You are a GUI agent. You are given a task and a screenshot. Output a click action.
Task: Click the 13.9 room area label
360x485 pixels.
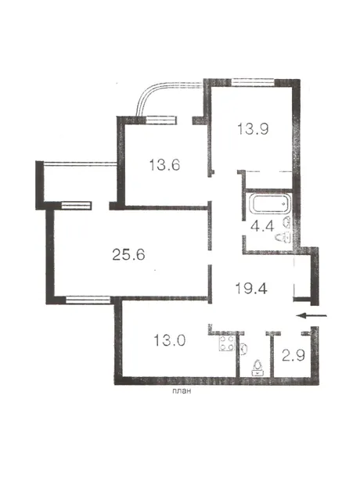pos(253,128)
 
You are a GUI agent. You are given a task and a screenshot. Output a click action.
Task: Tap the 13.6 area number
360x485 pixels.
pos(164,164)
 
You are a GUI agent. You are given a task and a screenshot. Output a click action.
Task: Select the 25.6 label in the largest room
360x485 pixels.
pos(128,255)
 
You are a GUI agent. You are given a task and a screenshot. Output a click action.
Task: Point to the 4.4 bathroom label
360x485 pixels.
pos(262,227)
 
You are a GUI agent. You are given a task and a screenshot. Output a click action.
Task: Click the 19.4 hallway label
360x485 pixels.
pos(251,289)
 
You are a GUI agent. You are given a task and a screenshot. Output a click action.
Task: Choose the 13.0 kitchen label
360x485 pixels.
pos(170,340)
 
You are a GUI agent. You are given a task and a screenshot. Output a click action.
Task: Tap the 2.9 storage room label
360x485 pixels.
pos(293,355)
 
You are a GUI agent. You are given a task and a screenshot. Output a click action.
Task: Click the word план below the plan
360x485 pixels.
pos(182,391)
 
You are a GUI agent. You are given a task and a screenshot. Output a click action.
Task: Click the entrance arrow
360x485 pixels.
pos(311,315)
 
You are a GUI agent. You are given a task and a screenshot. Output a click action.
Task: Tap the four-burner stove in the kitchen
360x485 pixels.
pos(226,343)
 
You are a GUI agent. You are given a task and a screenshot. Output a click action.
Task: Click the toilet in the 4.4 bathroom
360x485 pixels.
pos(283,238)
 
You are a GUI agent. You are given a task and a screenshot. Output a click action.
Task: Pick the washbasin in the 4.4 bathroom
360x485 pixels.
pos(287,222)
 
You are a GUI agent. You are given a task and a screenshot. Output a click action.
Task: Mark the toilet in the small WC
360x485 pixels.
pos(257,368)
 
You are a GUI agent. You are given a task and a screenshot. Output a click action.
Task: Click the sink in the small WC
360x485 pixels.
pos(244,349)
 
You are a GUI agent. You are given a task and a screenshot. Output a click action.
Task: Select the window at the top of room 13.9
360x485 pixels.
pos(253,82)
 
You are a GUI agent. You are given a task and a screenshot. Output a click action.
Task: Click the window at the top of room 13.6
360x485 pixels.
pos(160,120)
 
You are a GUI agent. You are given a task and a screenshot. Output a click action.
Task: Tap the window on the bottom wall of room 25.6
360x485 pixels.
pos(88,300)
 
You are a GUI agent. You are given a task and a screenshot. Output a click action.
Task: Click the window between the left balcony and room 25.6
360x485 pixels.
pos(77,206)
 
